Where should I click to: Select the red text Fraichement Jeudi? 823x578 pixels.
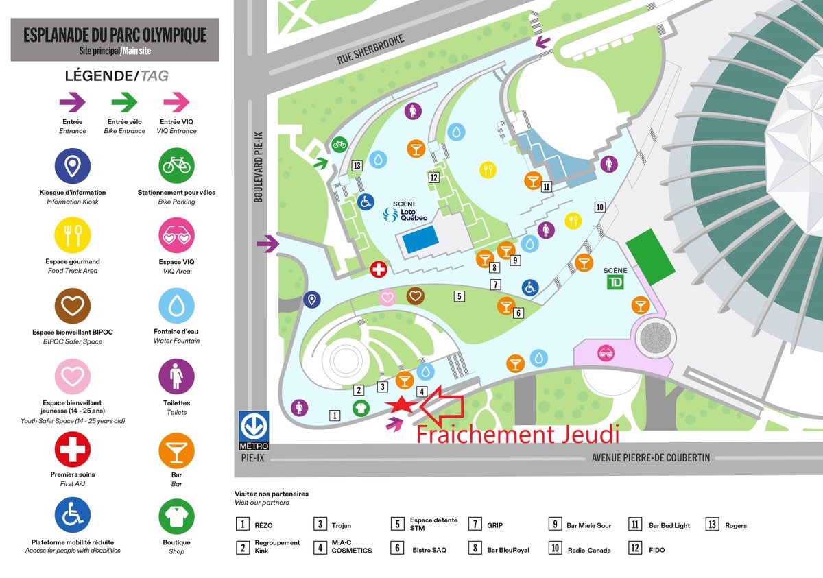[518, 435]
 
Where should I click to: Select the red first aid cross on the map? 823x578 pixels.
[379, 269]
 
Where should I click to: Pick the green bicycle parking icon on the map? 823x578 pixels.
[339, 144]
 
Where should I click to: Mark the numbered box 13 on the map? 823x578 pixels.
[357, 165]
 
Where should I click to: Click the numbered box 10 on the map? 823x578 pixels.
[599, 207]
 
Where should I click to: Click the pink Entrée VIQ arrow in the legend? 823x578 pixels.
[176, 103]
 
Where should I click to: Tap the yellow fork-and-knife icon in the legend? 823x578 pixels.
[73, 236]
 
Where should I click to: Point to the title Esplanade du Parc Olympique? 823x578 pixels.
[115, 36]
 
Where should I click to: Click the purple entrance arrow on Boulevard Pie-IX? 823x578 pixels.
[268, 243]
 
